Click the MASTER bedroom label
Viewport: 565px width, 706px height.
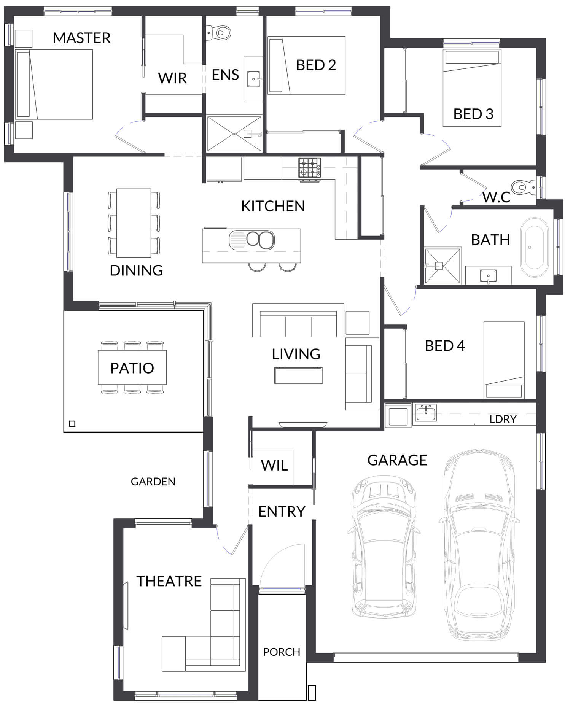click(x=81, y=38)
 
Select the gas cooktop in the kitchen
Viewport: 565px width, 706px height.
click(x=309, y=168)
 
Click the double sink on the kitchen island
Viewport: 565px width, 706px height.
click(x=251, y=240)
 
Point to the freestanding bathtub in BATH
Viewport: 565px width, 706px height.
click(x=535, y=247)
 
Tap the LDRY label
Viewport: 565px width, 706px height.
click(x=503, y=419)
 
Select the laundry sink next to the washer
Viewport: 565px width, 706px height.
click(x=425, y=412)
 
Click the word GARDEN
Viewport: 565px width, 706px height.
click(x=153, y=482)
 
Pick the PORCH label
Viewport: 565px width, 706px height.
click(x=282, y=652)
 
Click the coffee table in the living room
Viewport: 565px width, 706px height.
click(x=298, y=375)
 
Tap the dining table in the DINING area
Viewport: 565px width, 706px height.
click(x=134, y=223)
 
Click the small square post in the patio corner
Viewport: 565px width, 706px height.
click(x=72, y=423)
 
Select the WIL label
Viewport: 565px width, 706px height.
click(x=274, y=465)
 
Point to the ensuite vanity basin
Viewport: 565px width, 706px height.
click(x=253, y=79)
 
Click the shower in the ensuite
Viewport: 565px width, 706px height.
click(x=234, y=134)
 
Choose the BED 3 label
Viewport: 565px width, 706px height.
click(x=473, y=114)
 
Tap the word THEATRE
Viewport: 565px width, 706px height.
click(x=169, y=581)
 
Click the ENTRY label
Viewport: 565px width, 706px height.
click(x=282, y=512)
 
